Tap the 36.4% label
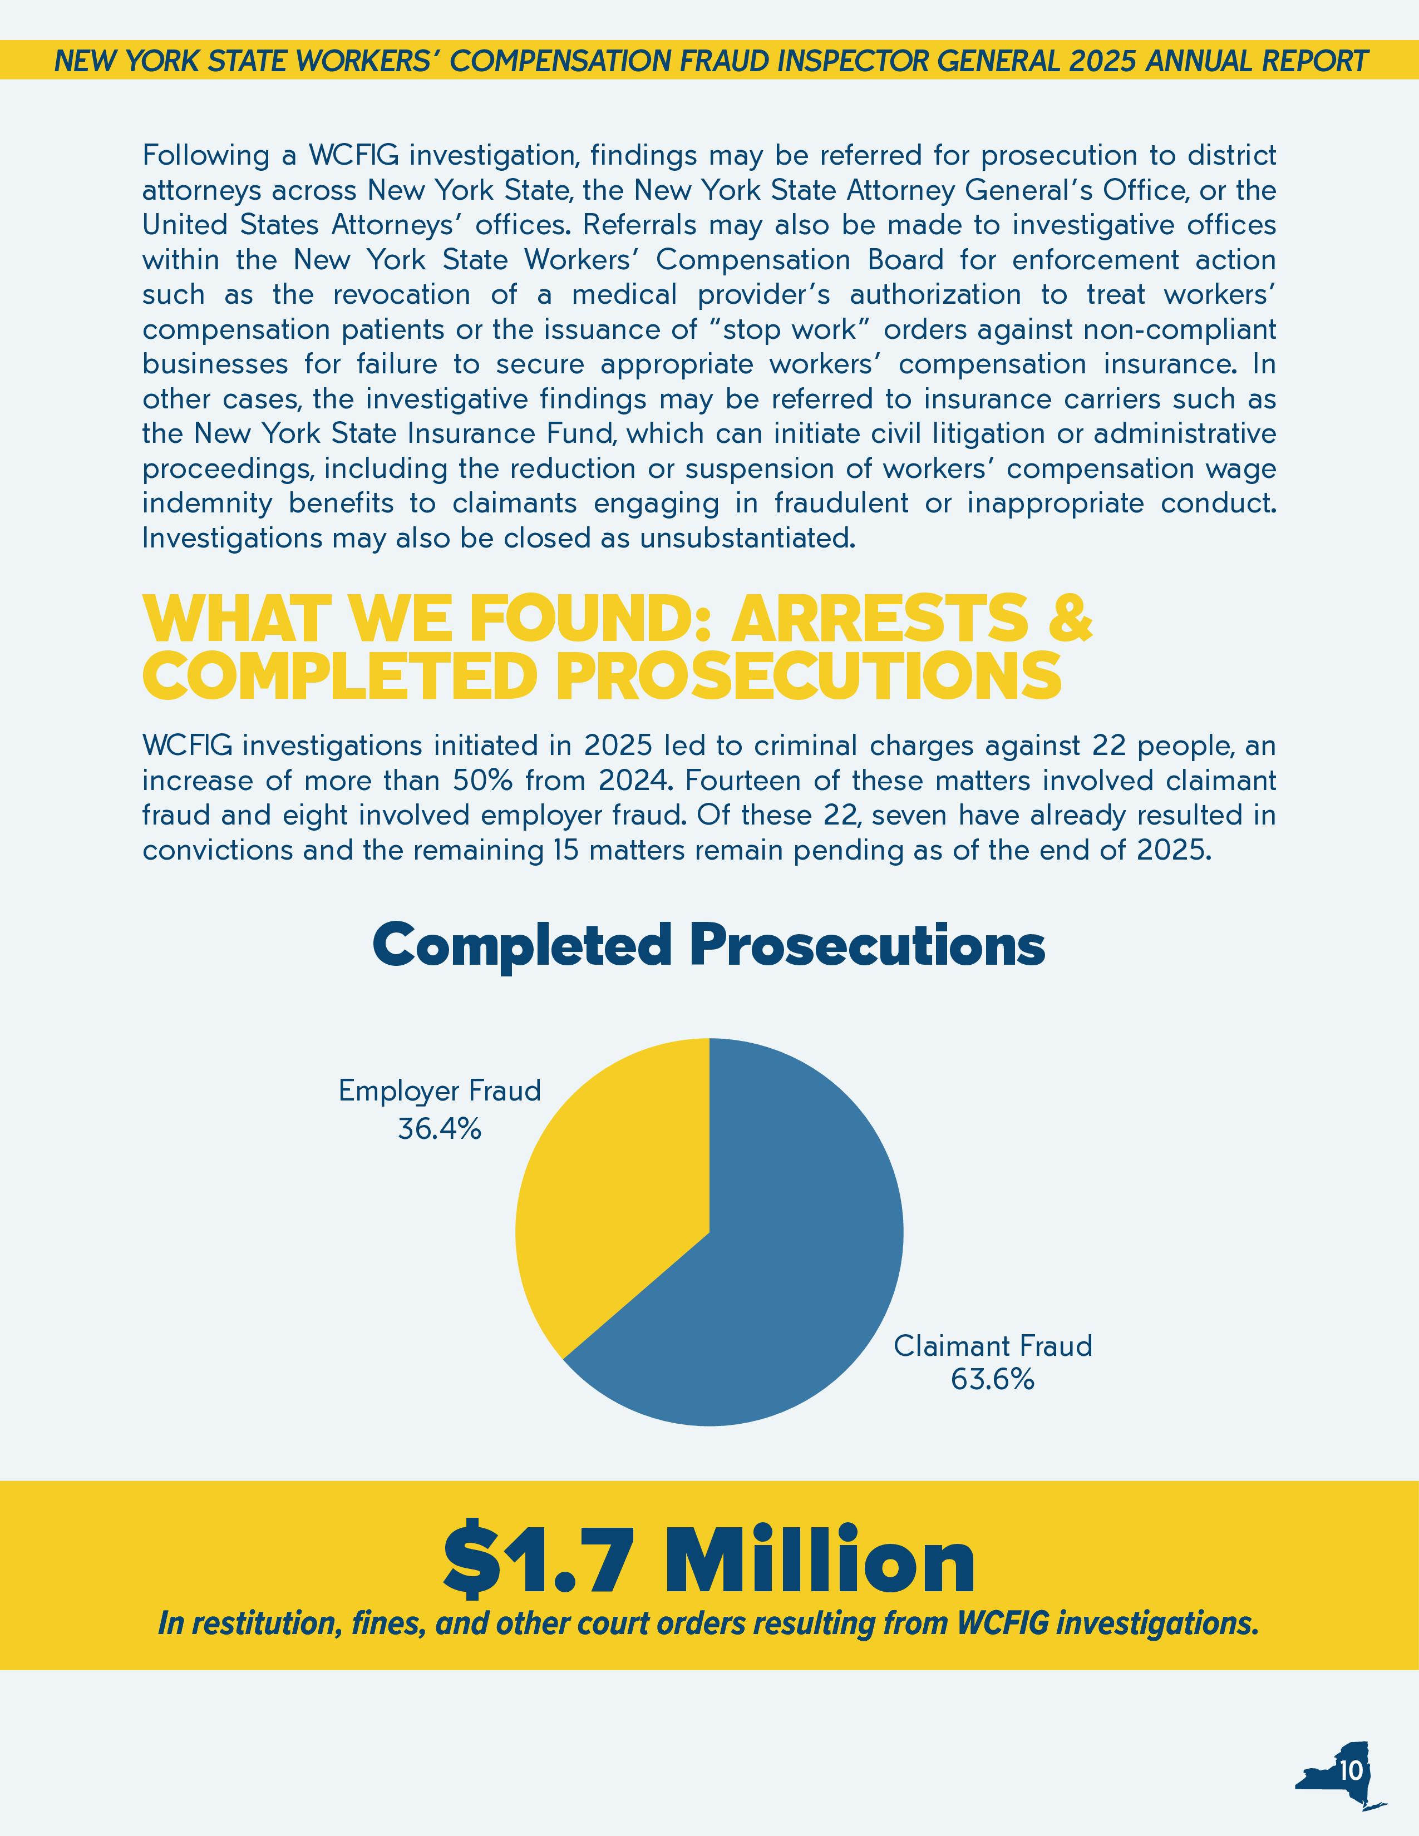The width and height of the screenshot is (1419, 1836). tap(440, 1129)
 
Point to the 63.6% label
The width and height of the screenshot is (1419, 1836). tap(992, 1380)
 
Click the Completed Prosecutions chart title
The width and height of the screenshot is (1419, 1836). tap(708, 944)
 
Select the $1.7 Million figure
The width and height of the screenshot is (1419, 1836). tap(708, 1561)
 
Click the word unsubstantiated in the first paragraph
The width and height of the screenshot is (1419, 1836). tap(746, 538)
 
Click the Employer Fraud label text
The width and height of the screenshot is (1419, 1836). tap(440, 1091)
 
